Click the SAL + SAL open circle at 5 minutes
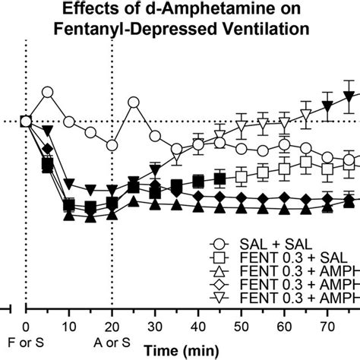(48, 93)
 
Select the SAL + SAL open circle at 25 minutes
(134, 103)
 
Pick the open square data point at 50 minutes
(242, 176)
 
